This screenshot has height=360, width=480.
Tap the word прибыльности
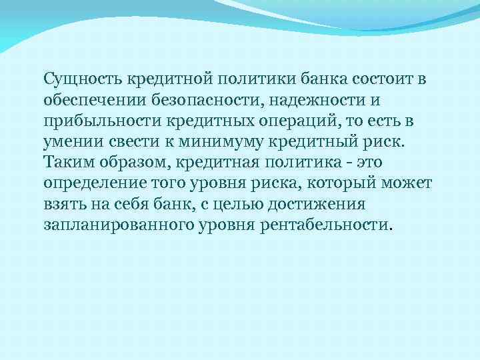[89, 123]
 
